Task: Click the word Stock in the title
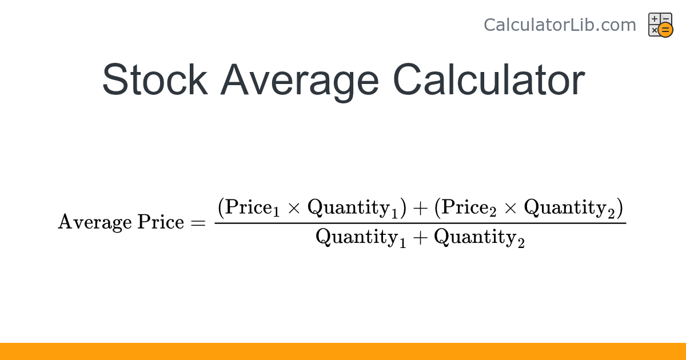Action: [154, 79]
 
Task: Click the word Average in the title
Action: [300, 79]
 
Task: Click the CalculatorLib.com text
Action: [560, 25]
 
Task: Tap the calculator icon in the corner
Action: [660, 25]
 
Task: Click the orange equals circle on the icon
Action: [665, 30]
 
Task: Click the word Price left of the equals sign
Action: [160, 222]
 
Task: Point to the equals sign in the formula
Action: [197, 223]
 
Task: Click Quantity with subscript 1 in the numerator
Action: [352, 209]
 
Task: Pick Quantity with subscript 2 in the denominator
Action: [479, 237]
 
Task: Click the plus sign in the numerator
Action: [420, 208]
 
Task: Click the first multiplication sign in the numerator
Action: [294, 208]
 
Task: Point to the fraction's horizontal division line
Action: [420, 222]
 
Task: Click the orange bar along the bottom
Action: [343, 351]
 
